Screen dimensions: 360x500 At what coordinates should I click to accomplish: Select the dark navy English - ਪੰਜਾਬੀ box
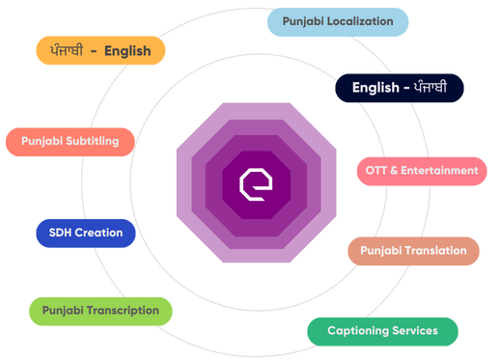coord(400,88)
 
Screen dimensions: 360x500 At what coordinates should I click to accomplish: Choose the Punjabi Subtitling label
coord(69,141)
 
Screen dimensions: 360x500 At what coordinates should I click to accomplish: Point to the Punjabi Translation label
coord(413,251)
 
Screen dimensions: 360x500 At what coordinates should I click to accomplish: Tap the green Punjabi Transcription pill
coord(100,311)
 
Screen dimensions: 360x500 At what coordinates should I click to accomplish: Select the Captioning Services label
coord(382,331)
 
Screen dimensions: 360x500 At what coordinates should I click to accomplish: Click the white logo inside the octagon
coord(256,182)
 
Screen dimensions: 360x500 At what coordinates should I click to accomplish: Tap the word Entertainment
coord(440,171)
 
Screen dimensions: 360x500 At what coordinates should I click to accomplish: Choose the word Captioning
coord(357,331)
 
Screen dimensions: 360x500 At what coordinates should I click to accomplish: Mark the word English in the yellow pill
coord(126,51)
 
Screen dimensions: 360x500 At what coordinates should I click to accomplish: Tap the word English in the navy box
coord(375,88)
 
